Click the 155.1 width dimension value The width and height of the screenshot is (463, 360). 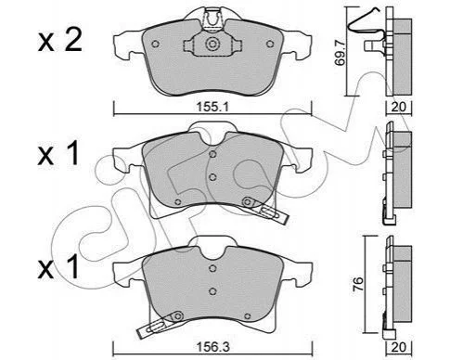click(x=212, y=107)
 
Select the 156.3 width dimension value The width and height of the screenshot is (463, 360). click(x=213, y=347)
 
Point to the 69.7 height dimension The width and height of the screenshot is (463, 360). click(x=341, y=55)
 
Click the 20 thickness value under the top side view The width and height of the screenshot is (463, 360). click(x=398, y=107)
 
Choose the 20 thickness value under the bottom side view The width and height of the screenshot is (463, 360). click(x=398, y=347)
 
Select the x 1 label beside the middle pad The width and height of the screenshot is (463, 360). click(x=58, y=154)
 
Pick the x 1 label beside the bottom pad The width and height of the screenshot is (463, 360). click(x=58, y=268)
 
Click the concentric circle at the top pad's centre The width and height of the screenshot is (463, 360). click(x=212, y=44)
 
